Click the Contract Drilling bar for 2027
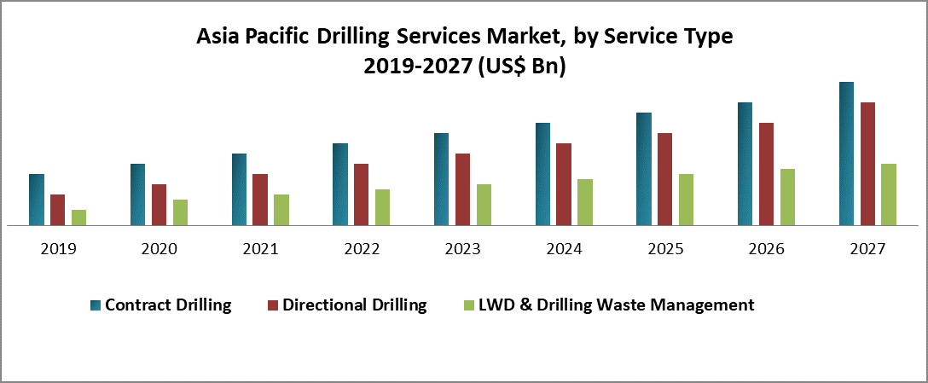(x=846, y=154)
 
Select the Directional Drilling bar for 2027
(x=867, y=164)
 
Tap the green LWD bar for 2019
(x=78, y=218)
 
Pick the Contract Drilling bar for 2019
(x=36, y=200)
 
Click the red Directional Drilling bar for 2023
(x=462, y=189)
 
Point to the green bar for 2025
(x=686, y=200)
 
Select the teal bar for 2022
(x=340, y=184)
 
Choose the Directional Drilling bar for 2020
(x=159, y=205)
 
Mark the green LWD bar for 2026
(x=787, y=197)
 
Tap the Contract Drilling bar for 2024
(x=543, y=174)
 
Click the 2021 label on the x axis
(x=260, y=249)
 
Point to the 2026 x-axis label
(x=767, y=249)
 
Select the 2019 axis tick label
(x=58, y=249)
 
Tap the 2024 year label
(x=564, y=249)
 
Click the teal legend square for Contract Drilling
(x=94, y=305)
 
